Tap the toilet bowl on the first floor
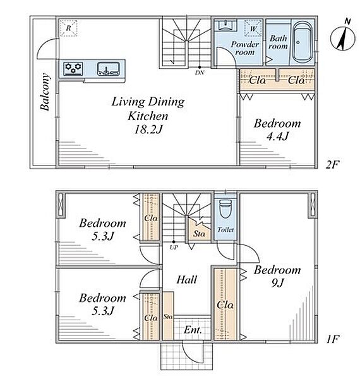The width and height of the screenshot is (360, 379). (x=225, y=208)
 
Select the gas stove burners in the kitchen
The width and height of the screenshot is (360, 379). (x=73, y=68)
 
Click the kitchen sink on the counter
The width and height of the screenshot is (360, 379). (x=109, y=69)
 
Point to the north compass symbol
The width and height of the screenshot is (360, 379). (x=342, y=37)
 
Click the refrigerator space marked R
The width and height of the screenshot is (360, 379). (x=69, y=28)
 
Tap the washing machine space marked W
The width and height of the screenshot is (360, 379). (x=253, y=29)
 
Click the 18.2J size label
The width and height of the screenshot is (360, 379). (x=148, y=129)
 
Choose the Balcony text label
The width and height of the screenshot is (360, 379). (x=45, y=92)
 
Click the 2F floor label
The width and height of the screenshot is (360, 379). (x=332, y=165)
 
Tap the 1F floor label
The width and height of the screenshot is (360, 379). (x=333, y=339)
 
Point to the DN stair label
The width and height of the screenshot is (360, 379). (x=200, y=73)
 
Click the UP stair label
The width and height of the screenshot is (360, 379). (x=174, y=247)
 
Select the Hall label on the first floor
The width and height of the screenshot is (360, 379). (x=187, y=280)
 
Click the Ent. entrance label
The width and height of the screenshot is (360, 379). (x=193, y=330)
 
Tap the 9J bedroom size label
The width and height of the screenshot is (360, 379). (x=277, y=282)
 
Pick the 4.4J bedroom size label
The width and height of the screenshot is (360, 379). (x=277, y=136)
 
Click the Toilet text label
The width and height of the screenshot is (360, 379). (x=225, y=229)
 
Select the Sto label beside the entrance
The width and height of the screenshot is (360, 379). (x=167, y=316)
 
